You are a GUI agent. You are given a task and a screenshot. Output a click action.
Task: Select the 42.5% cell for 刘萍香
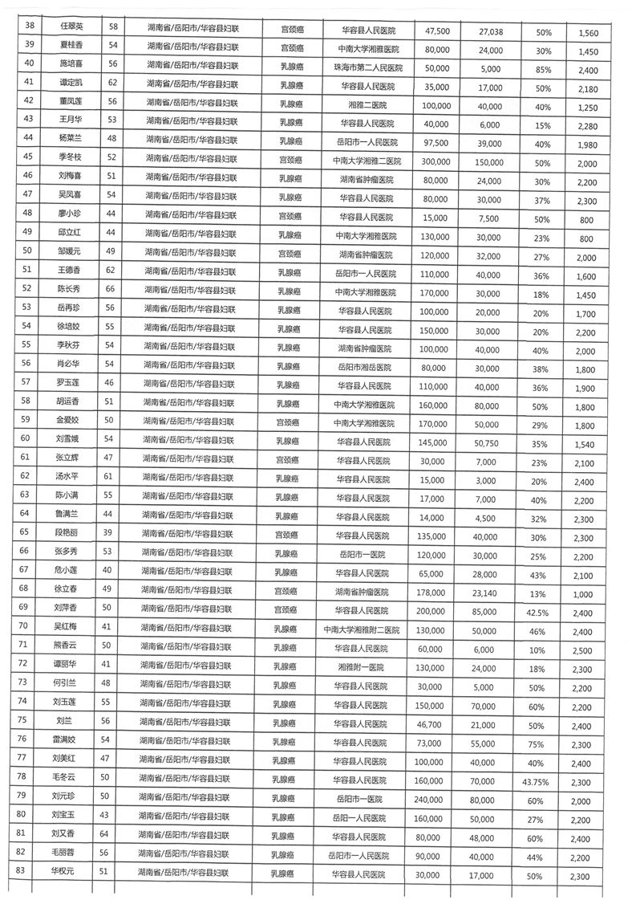click(541, 610)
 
